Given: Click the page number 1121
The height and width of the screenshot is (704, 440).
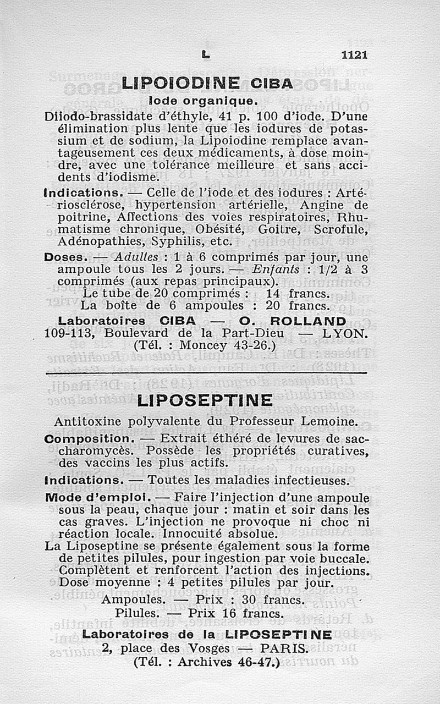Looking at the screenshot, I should click(x=354, y=54).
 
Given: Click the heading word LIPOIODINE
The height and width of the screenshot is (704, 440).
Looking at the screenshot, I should click(x=180, y=83).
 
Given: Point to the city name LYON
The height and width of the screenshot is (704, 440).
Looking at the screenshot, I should click(x=344, y=333).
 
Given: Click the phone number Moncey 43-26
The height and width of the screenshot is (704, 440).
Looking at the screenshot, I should click(x=218, y=346).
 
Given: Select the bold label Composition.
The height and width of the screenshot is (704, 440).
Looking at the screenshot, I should click(x=89, y=439).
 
